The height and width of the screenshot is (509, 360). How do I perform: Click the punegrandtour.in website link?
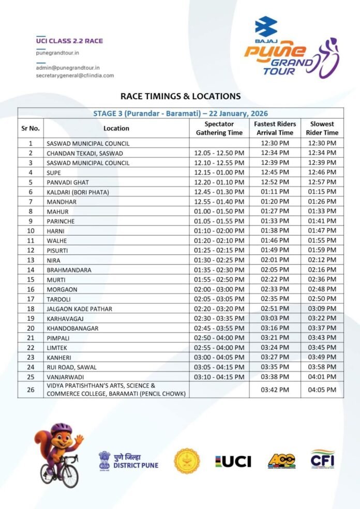(x=57, y=53)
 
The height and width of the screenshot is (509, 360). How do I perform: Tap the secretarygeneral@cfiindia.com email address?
(x=75, y=75)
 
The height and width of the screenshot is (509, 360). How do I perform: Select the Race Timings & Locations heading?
(x=181, y=96)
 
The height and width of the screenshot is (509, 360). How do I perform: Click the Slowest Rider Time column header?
(x=322, y=128)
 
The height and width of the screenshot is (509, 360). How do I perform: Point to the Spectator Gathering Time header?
(x=219, y=128)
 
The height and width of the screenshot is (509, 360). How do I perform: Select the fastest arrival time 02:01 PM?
(x=275, y=260)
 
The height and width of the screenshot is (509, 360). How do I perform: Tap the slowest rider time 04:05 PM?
(x=322, y=390)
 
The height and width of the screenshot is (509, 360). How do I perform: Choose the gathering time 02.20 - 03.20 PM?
(x=219, y=309)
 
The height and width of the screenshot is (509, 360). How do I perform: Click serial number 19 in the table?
(x=31, y=319)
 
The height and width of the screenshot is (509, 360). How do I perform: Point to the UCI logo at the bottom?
(x=233, y=461)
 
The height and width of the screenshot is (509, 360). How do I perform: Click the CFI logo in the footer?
(x=322, y=459)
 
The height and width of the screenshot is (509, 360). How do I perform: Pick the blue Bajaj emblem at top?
(x=266, y=26)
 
